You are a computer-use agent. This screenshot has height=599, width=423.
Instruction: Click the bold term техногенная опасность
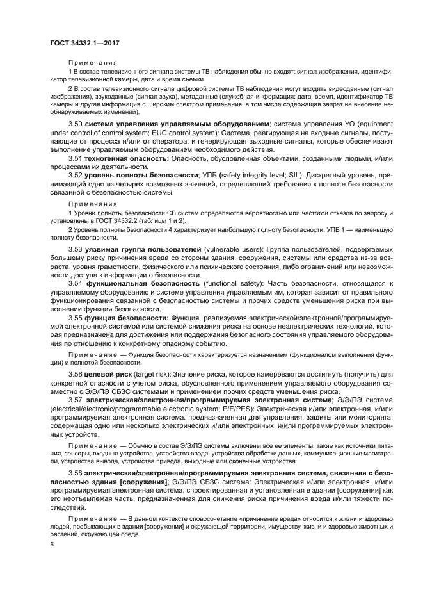(127, 156)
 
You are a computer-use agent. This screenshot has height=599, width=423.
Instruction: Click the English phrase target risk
(155, 373)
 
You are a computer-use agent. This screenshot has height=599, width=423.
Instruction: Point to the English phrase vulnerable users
(233, 247)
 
